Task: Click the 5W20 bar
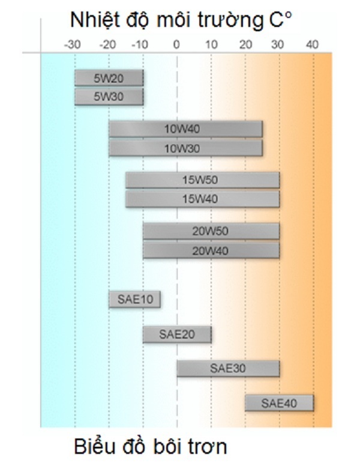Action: click(x=109, y=77)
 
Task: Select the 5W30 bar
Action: click(x=109, y=96)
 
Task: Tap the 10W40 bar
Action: click(x=185, y=129)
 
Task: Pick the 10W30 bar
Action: click(x=185, y=148)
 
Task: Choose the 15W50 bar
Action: click(x=203, y=180)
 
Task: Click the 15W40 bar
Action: click(x=203, y=199)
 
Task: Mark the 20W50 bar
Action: click(x=211, y=231)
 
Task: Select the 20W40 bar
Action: click(x=211, y=250)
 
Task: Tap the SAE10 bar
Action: click(x=134, y=299)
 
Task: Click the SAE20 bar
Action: click(x=177, y=334)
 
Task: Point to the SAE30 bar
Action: click(x=228, y=368)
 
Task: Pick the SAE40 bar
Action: click(x=279, y=403)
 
